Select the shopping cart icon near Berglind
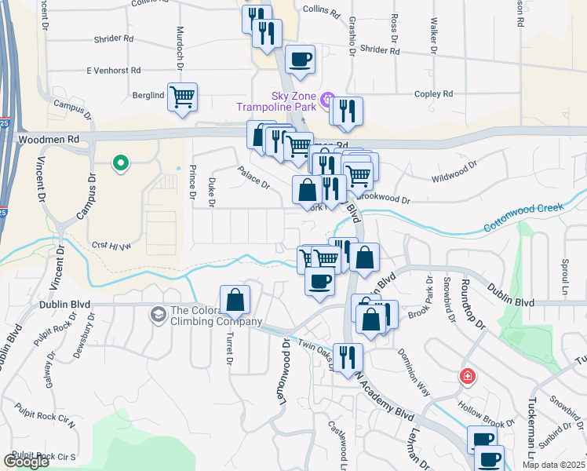182,97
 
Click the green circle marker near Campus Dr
120,163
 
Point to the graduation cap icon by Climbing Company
159,314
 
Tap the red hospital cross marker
468,376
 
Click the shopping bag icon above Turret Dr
235,299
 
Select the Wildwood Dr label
454,173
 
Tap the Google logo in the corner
27,462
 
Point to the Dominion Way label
413,364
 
